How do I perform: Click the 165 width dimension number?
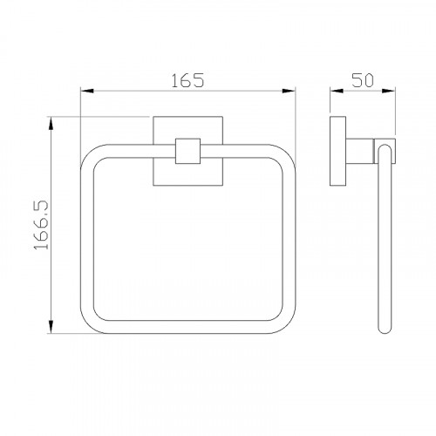click(x=187, y=80)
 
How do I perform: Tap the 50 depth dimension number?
click(x=363, y=80)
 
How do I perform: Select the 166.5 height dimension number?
click(x=41, y=225)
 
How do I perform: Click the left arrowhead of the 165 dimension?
click(x=87, y=91)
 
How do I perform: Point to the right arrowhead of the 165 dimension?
click(x=289, y=91)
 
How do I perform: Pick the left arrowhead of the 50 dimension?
click(x=337, y=91)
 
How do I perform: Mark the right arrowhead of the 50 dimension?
click(x=389, y=91)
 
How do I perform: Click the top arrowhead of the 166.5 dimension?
click(x=51, y=123)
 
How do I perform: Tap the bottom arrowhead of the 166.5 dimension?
click(x=51, y=327)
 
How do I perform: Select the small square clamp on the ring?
click(x=187, y=151)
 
